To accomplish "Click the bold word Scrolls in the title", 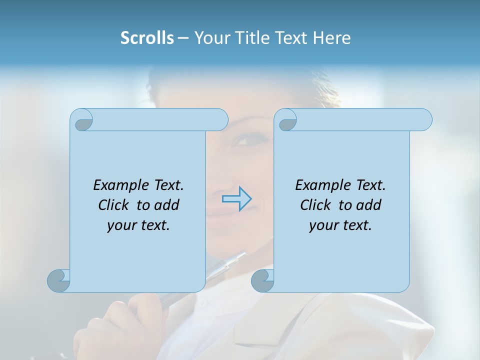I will click(x=147, y=38).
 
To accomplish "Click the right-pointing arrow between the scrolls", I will click(x=236, y=199).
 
